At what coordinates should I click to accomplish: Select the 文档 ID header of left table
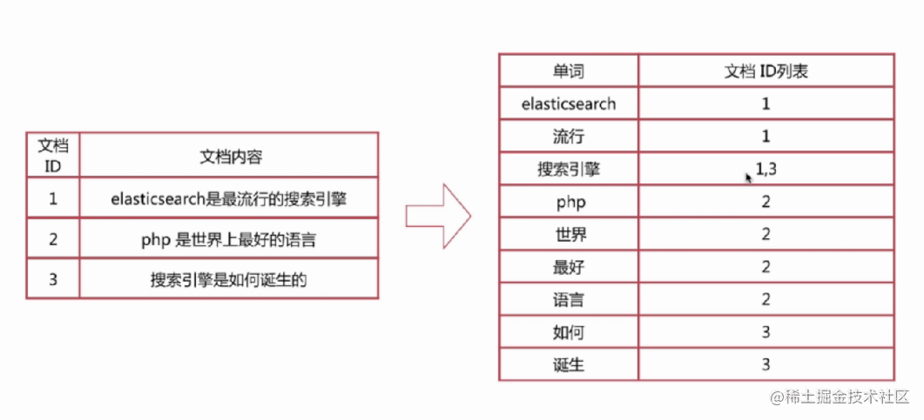[x=52, y=155]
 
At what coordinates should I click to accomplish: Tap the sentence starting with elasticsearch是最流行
[x=229, y=198]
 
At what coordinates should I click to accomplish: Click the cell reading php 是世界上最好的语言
[x=228, y=239]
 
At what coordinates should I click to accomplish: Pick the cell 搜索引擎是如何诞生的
[x=229, y=280]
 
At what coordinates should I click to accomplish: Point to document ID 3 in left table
[x=52, y=280]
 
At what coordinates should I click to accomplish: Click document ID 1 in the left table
[x=52, y=198]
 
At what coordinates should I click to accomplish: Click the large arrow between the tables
[x=437, y=217]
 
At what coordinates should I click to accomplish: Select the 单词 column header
[x=569, y=70]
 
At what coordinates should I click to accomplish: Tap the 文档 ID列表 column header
[x=766, y=70]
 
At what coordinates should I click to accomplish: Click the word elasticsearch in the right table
[x=569, y=103]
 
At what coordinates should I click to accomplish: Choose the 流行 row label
[x=569, y=137]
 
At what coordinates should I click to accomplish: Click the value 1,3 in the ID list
[x=766, y=170]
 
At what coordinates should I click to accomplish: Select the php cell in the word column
[x=569, y=202]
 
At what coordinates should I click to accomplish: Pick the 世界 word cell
[x=569, y=235]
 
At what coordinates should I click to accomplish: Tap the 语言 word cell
[x=569, y=300]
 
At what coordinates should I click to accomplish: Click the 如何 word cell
[x=569, y=332]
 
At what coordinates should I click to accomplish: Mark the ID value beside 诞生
[x=766, y=364]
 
